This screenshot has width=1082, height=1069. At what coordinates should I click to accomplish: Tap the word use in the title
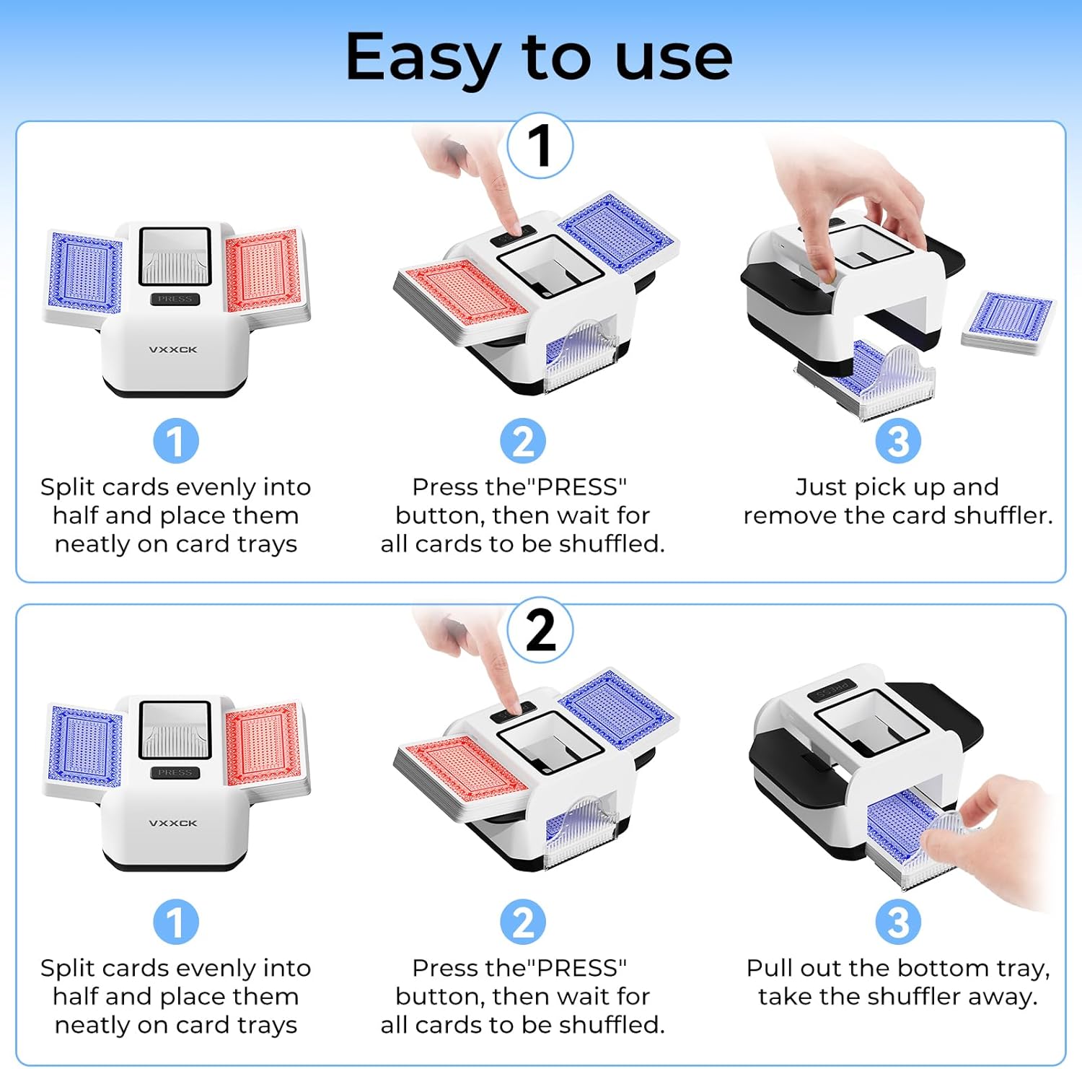674,58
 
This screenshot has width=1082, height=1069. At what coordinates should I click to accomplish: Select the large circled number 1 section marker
540,146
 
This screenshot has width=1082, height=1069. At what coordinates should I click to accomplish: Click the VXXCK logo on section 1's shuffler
173,349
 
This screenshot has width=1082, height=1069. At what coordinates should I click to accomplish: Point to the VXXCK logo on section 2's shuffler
173,823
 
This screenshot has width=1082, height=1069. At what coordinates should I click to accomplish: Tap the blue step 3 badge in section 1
898,441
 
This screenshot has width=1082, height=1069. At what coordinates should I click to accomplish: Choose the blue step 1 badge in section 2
176,922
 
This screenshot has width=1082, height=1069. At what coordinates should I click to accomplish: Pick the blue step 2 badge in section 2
523,922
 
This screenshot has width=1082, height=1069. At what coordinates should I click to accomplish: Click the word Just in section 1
822,488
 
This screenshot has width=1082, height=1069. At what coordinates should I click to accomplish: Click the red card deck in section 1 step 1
263,270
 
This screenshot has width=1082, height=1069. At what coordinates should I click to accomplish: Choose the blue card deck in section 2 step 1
85,746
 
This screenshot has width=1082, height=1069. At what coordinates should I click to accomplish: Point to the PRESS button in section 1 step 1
175,299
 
